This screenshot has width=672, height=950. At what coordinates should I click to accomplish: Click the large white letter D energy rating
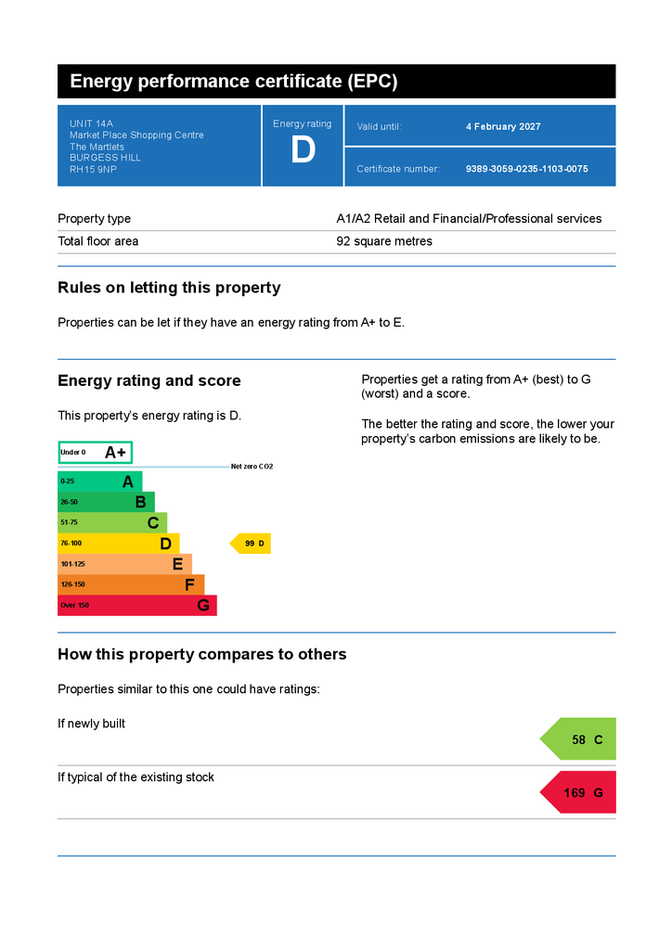[303, 149]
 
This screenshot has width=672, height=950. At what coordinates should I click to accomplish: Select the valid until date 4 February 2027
[503, 126]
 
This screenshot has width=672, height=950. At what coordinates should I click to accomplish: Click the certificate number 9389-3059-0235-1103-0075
[526, 169]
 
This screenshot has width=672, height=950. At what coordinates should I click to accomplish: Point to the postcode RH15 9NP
[93, 170]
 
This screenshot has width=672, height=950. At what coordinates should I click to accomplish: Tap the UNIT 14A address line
[91, 123]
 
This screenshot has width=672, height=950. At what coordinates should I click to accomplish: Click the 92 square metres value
[384, 241]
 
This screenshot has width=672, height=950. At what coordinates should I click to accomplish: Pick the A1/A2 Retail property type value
[469, 219]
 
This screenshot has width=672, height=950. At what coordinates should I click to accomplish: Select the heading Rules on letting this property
[169, 288]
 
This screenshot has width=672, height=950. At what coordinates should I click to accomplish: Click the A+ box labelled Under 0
[95, 453]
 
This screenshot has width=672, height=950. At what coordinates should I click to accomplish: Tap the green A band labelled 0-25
[100, 481]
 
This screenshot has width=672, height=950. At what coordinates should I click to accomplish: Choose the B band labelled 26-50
[106, 502]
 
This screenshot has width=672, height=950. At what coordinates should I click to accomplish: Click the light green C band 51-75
[112, 523]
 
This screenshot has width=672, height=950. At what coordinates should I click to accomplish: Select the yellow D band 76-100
[119, 544]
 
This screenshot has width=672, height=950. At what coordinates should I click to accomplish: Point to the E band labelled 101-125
[124, 564]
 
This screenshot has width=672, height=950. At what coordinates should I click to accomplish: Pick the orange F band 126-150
[131, 584]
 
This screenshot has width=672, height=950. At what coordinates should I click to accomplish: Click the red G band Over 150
[137, 605]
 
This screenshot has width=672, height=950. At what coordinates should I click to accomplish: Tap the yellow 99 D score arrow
[251, 544]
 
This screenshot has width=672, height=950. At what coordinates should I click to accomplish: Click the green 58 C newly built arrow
[578, 739]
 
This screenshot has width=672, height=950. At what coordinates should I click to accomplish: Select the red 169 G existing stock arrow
[578, 792]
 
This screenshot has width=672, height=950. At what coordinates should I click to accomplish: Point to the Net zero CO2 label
[252, 467]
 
